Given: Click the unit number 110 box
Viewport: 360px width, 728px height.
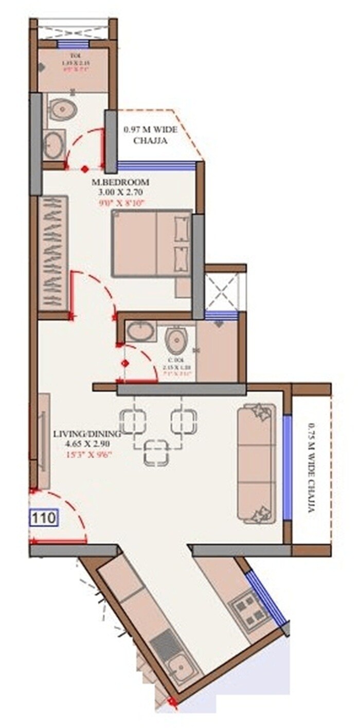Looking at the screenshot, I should tap(44, 518).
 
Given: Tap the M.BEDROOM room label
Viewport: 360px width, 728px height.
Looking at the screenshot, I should tap(120, 183).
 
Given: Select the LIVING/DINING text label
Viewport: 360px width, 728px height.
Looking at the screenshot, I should tap(81, 434).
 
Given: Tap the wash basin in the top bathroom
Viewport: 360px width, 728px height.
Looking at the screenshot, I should tap(54, 144).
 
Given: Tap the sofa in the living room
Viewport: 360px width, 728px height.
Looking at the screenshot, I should tap(256, 463).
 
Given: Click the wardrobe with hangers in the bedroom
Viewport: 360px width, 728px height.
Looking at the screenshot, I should tap(53, 253).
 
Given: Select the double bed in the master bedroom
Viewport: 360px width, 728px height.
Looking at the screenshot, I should tap(152, 244).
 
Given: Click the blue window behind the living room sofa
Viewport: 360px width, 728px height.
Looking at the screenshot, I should tap(287, 468).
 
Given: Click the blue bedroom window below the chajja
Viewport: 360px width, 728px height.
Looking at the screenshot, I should tap(157, 165).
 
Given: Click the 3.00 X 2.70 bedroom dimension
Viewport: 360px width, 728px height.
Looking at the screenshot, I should tap(120, 192).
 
